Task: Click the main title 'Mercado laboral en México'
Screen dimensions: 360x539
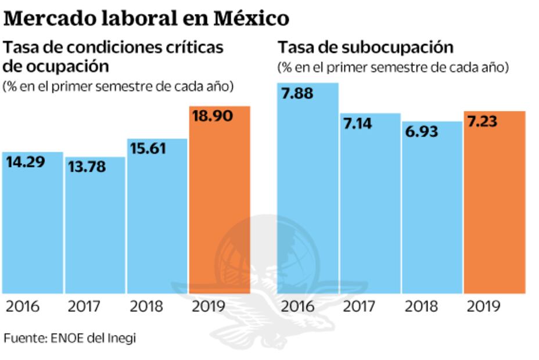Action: coord(146,19)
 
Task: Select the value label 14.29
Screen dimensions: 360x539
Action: coord(26,163)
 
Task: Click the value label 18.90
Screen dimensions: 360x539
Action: coord(212,116)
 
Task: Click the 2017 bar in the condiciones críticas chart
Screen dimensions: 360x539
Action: coord(95,232)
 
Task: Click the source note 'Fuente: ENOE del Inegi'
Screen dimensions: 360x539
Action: coord(69,338)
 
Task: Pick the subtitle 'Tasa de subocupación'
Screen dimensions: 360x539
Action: coord(365,48)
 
